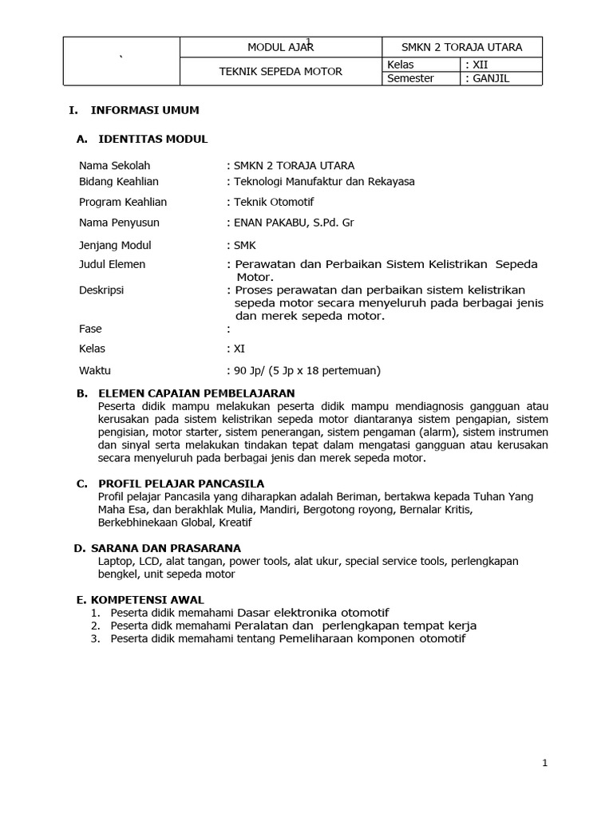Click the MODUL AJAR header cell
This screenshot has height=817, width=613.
click(x=281, y=47)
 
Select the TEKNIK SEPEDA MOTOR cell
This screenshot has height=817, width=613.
click(x=281, y=71)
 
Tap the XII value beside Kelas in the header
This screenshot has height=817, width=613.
click(x=481, y=64)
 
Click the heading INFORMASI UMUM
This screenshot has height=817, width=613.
click(x=145, y=110)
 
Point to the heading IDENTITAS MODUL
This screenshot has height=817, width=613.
click(x=152, y=139)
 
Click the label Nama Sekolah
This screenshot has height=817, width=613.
click(x=114, y=166)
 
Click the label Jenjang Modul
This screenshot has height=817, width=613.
click(x=115, y=245)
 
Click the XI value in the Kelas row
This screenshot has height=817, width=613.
click(x=239, y=349)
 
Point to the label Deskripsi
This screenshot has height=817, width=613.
click(x=101, y=290)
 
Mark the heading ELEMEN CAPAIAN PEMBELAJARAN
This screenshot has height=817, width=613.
click(x=196, y=393)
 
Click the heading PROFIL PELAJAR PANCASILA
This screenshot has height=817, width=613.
click(x=181, y=483)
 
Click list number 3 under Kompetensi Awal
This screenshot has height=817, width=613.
click(x=95, y=639)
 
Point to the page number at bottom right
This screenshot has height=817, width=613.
click(x=544, y=763)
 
